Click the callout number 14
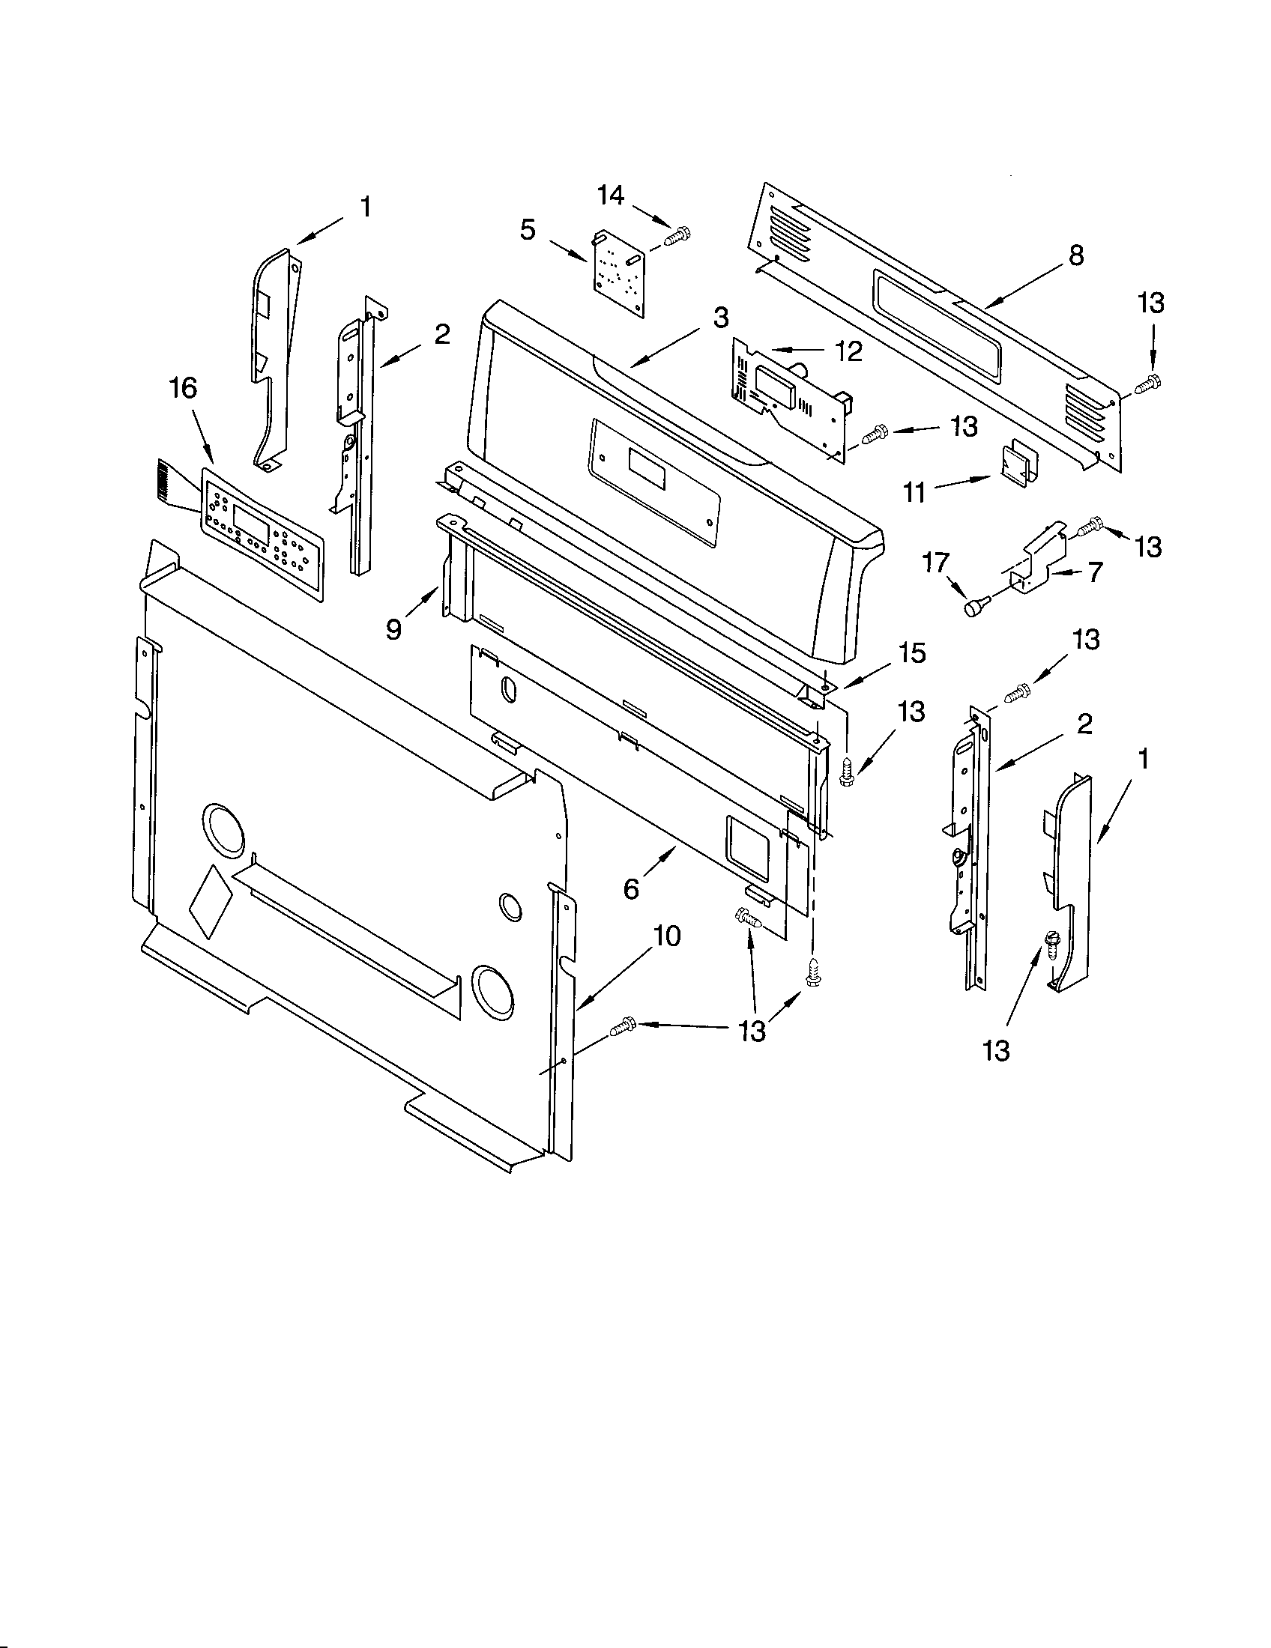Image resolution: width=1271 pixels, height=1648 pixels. pyautogui.click(x=611, y=196)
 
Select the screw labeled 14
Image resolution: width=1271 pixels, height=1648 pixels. pyautogui.click(x=678, y=237)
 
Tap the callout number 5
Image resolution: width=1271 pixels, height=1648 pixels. pyautogui.click(x=528, y=229)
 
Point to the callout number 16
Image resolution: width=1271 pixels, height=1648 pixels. pyautogui.click(x=183, y=388)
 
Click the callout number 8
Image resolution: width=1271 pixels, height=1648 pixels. pyautogui.click(x=1076, y=255)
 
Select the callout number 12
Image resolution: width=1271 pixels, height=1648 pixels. pyautogui.click(x=849, y=351)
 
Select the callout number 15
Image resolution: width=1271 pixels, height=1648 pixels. pyautogui.click(x=913, y=652)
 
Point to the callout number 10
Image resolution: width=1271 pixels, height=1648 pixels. pyautogui.click(x=667, y=936)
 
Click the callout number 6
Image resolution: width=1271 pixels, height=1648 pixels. pyautogui.click(x=632, y=889)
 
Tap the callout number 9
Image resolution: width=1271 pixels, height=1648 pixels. pyautogui.click(x=394, y=628)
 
